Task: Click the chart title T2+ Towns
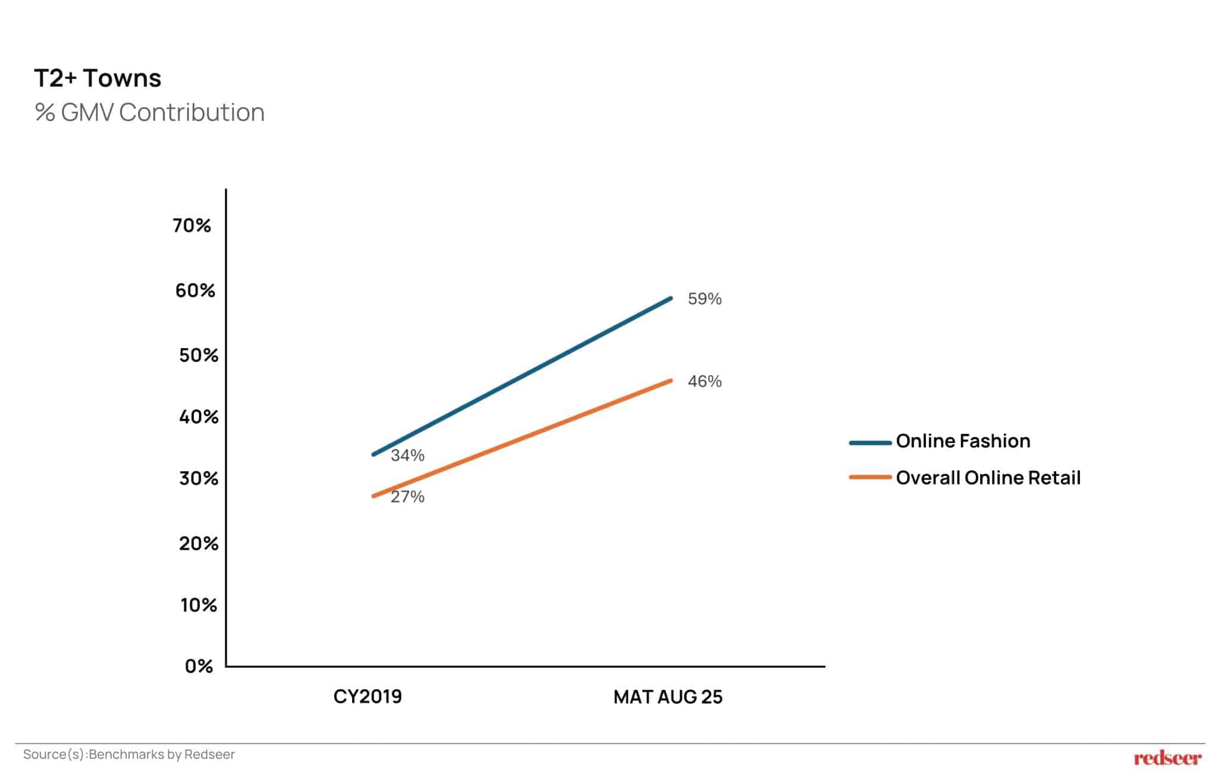(x=98, y=79)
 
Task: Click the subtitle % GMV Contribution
(x=149, y=112)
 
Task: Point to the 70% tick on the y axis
(x=192, y=225)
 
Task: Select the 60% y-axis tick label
(x=194, y=290)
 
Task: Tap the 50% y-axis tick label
(x=198, y=355)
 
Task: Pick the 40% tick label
(x=198, y=416)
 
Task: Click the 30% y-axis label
(x=198, y=478)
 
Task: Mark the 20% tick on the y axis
(x=198, y=543)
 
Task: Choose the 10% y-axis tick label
(x=199, y=605)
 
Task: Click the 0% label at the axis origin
(x=199, y=666)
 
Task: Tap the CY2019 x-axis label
(x=368, y=697)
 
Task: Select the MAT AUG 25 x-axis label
(x=668, y=697)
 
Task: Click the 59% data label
(x=704, y=299)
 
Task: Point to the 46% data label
(x=704, y=381)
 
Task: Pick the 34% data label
(x=407, y=456)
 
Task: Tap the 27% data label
(x=407, y=497)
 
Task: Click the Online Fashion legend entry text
(x=963, y=441)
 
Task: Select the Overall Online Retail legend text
(x=988, y=478)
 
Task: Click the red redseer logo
(x=1167, y=758)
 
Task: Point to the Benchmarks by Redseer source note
(x=128, y=754)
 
